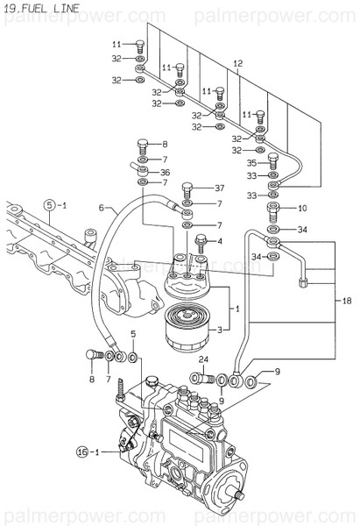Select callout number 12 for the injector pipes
click(236, 63)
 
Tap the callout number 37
click(221, 188)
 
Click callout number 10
click(303, 209)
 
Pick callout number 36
click(166, 173)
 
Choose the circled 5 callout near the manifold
click(53, 204)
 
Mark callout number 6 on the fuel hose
click(101, 208)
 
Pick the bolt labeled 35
click(272, 162)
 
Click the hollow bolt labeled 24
click(207, 378)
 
